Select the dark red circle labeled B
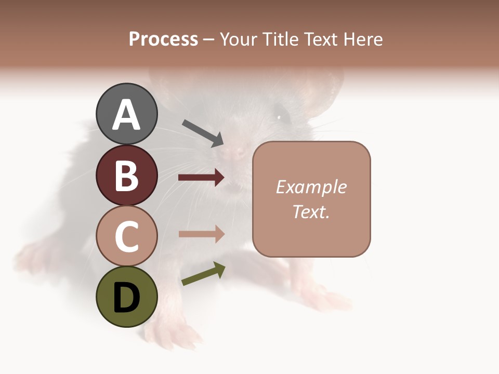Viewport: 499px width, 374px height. coord(126,175)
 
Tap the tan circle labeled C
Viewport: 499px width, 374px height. coord(126,236)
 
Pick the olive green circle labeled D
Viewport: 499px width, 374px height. coord(126,297)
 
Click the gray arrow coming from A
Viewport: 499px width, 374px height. coord(203,133)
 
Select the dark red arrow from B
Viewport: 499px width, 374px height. coord(201,178)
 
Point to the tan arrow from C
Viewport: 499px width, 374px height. coord(201,234)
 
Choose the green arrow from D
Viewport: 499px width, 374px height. coord(203,274)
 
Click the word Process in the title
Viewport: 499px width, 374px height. coord(163,39)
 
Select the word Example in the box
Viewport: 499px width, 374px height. coord(311,187)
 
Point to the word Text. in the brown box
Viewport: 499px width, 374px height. coord(311,211)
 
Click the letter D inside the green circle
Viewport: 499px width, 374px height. coord(126,298)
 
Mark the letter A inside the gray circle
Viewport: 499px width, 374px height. coord(126,115)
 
